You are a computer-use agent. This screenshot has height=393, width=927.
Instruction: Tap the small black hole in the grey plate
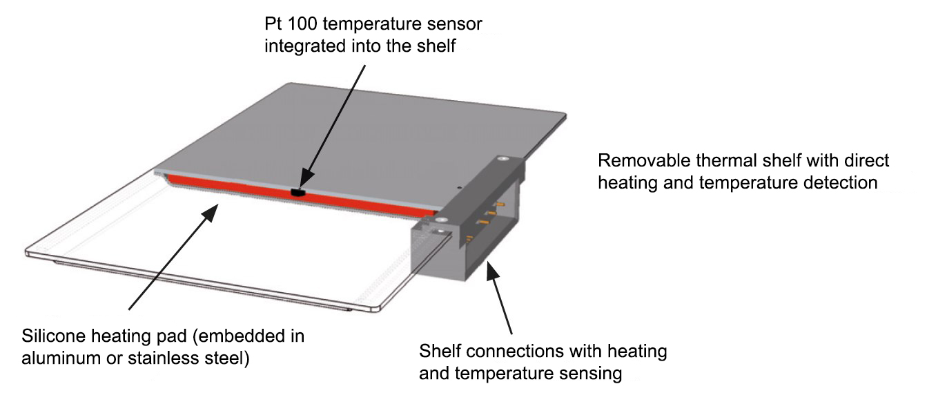[x=459, y=186]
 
